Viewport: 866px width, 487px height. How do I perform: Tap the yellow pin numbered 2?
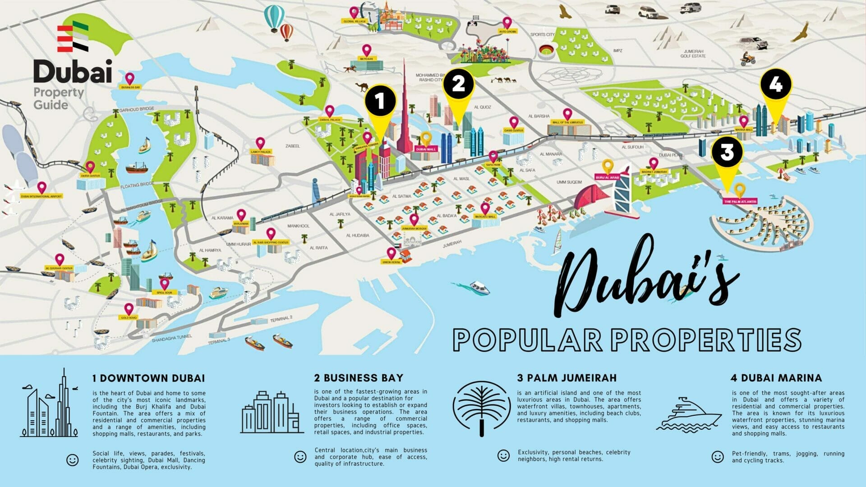(x=458, y=85)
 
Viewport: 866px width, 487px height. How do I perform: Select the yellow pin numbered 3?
(x=727, y=153)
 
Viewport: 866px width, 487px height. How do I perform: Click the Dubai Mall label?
(x=426, y=149)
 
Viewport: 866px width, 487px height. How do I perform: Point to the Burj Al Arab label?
(x=607, y=178)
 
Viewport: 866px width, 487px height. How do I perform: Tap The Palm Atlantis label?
(x=740, y=202)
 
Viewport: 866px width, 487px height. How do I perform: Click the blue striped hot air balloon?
(x=274, y=18)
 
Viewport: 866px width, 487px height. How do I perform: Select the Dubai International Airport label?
(x=41, y=196)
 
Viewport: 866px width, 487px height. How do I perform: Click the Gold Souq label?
(x=129, y=318)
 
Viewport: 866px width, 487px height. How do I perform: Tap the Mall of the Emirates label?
(x=567, y=122)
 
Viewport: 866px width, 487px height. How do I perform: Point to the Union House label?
(x=391, y=262)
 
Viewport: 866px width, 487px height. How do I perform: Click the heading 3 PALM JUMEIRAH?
(x=567, y=378)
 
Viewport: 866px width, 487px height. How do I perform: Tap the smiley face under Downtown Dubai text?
(x=72, y=460)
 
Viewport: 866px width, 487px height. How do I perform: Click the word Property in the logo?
(x=59, y=92)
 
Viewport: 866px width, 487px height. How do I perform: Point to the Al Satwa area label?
(x=401, y=196)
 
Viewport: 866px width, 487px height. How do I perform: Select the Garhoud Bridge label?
(x=137, y=110)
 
